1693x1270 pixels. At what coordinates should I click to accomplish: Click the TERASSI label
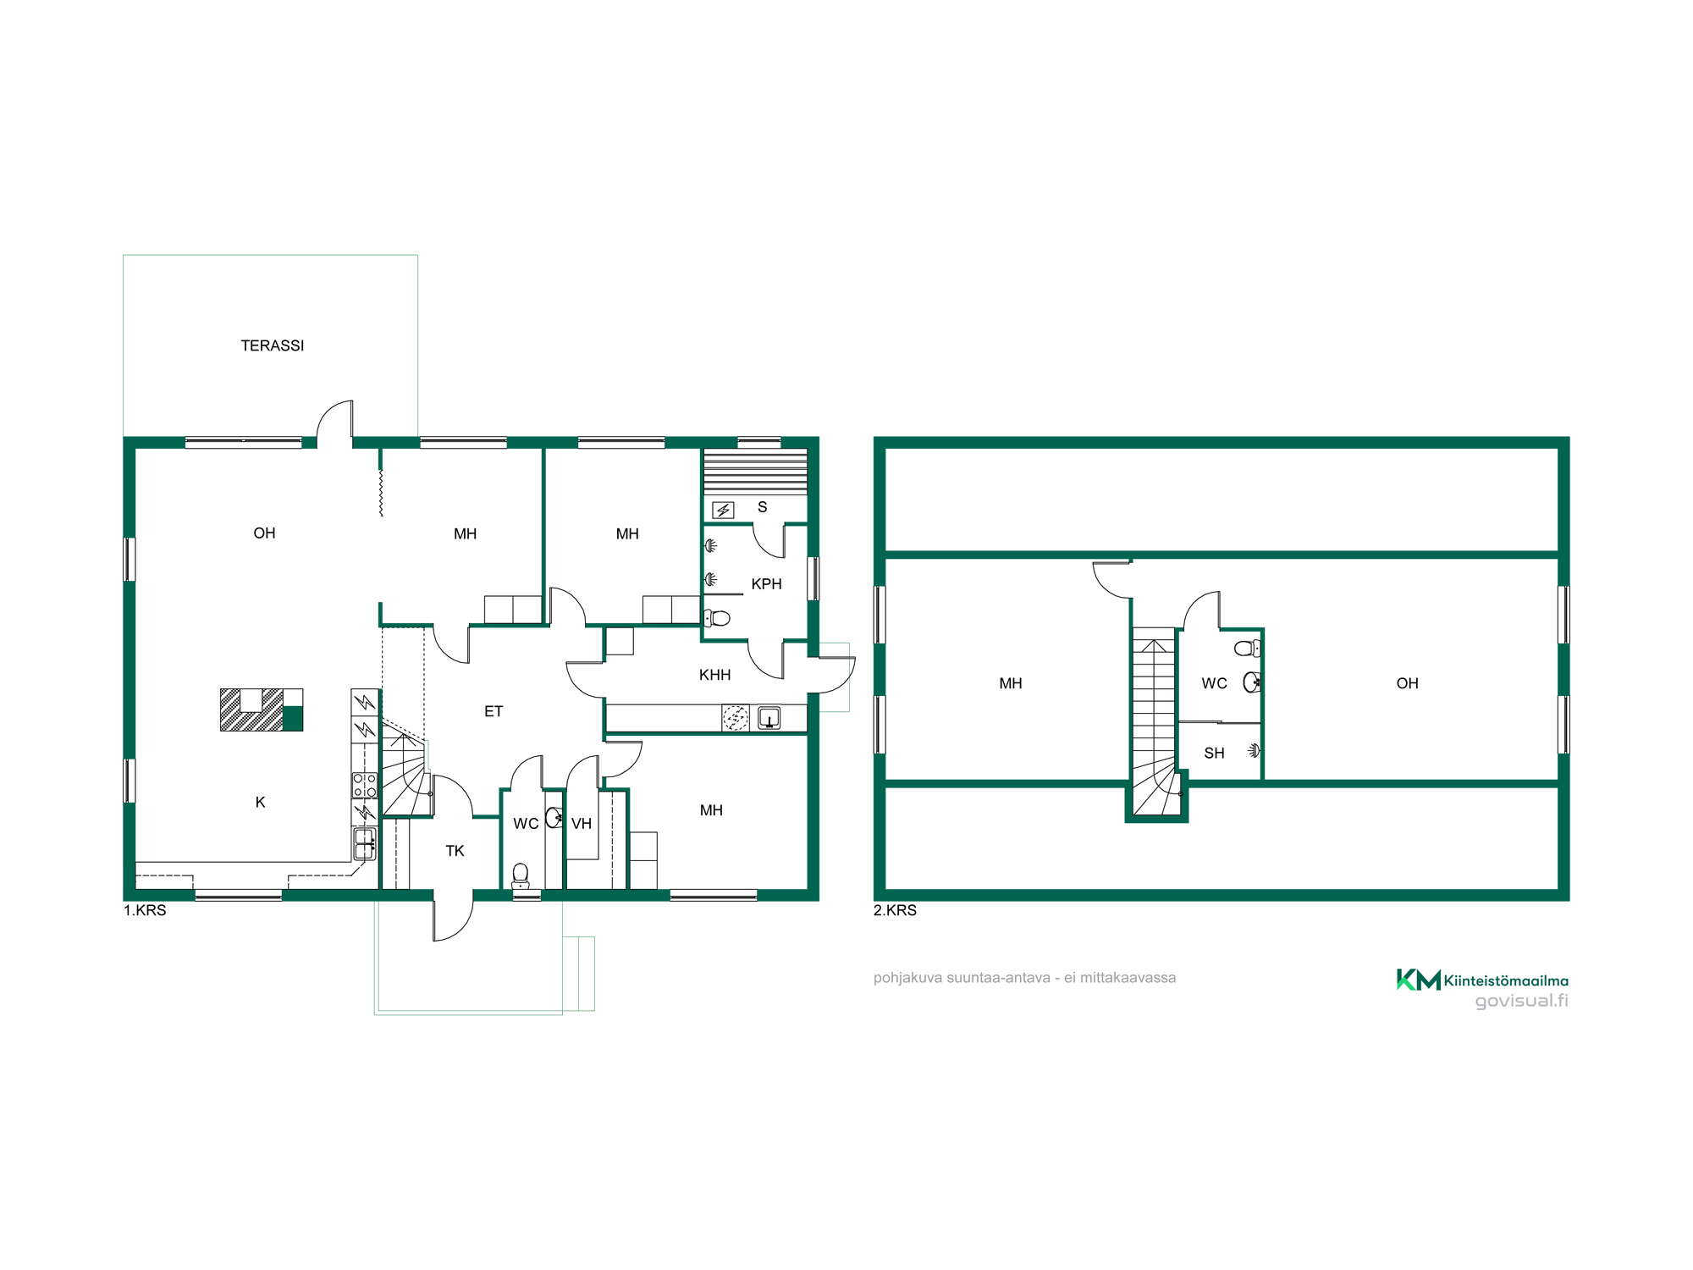pos(272,345)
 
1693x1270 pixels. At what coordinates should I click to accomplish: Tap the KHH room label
pos(714,675)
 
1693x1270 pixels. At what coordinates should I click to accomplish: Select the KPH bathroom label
pos(766,584)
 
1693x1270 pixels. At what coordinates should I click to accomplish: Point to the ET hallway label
pos(494,711)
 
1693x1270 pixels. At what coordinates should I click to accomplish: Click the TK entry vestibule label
pos(455,851)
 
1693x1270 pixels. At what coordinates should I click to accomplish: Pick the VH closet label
pos(581,824)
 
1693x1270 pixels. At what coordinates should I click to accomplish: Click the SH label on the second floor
pos(1214,753)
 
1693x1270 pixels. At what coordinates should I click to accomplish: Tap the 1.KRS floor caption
pos(145,910)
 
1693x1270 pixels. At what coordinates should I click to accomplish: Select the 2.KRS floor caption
pos(895,910)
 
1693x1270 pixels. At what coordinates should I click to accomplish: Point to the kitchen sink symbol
pos(365,844)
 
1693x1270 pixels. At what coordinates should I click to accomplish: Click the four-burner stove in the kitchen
pos(365,785)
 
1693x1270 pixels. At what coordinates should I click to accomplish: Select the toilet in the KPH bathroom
pos(718,617)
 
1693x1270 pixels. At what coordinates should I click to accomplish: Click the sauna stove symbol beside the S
pos(723,510)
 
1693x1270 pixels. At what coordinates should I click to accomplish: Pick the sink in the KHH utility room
pos(769,718)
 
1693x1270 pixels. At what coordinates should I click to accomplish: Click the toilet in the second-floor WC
pos(1247,649)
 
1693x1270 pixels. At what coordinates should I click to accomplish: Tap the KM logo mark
pos(1418,980)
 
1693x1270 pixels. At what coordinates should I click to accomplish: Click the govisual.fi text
pos(1521,1001)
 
